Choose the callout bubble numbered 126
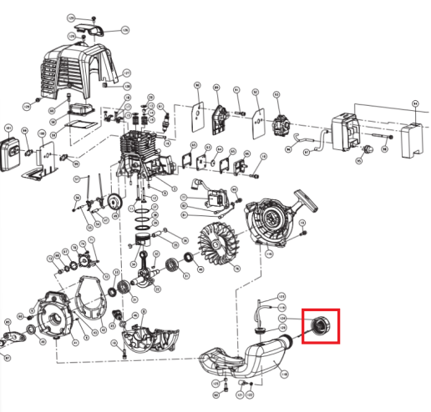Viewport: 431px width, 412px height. (125, 30)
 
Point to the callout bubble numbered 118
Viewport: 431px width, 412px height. (281, 296)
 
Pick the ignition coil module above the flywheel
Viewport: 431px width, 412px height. (212, 199)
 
